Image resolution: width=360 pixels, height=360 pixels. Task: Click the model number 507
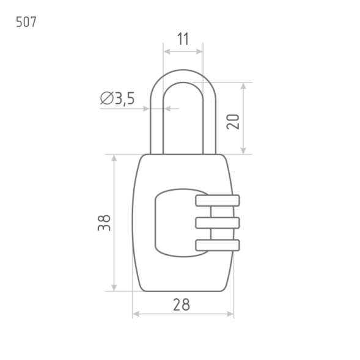click(26, 22)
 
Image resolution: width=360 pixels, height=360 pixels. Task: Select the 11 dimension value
click(183, 39)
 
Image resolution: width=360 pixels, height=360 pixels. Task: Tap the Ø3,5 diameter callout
click(117, 98)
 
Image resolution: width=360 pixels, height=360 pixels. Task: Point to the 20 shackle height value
click(233, 122)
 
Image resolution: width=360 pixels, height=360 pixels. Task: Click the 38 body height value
click(104, 222)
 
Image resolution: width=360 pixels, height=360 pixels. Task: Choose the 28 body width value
click(182, 305)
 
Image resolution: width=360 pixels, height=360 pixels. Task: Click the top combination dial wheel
click(218, 200)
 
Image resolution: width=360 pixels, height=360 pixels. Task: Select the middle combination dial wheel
click(218, 222)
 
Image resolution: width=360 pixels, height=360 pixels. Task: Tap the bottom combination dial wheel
click(218, 245)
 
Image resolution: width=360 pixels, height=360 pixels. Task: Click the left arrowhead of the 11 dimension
click(167, 52)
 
